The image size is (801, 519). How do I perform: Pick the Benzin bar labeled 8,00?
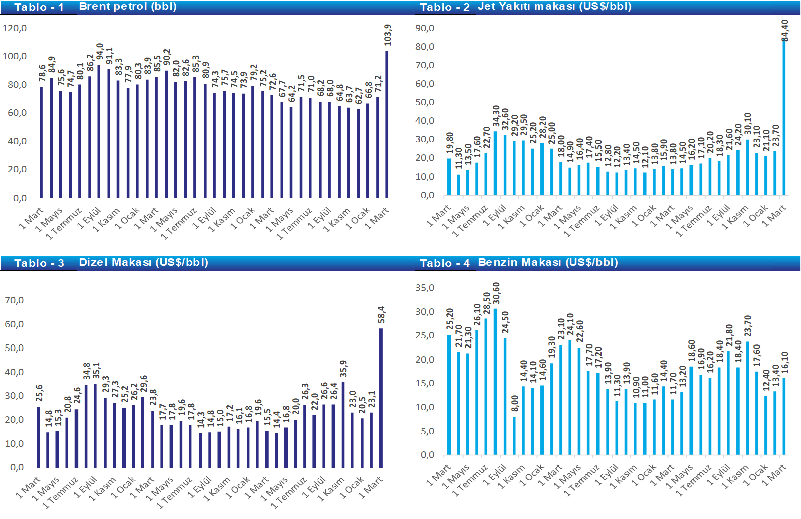514,436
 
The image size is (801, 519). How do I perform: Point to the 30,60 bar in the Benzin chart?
496,382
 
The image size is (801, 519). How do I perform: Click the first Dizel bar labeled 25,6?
39,437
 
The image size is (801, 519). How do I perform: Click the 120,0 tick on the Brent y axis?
15,28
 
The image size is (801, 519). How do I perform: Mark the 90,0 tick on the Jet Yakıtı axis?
425,28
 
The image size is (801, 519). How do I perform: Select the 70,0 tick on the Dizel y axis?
14,300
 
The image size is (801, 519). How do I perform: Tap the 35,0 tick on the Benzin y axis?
425,288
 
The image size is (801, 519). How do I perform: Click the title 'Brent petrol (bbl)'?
128,7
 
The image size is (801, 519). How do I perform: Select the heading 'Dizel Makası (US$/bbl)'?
143,262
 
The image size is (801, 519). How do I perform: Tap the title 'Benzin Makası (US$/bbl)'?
548,262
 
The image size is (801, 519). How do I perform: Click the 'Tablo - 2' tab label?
445,7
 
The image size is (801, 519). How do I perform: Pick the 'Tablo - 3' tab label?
39,263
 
